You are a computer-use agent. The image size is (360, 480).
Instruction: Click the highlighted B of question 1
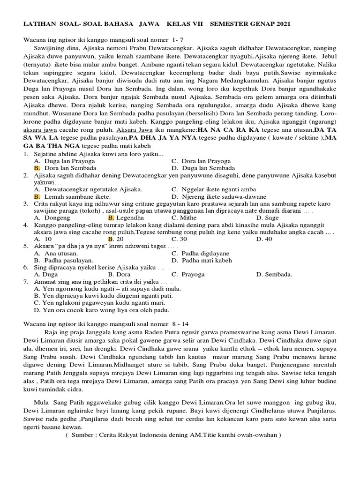click(37, 167)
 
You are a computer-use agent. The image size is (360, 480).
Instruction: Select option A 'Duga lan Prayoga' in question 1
click(65, 160)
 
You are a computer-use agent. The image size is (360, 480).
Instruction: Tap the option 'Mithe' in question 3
click(186, 217)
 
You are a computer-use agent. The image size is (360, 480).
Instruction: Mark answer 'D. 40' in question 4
click(264, 239)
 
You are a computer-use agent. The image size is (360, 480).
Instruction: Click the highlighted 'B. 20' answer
click(116, 239)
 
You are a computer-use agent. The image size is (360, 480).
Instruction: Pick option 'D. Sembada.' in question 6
click(274, 274)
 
